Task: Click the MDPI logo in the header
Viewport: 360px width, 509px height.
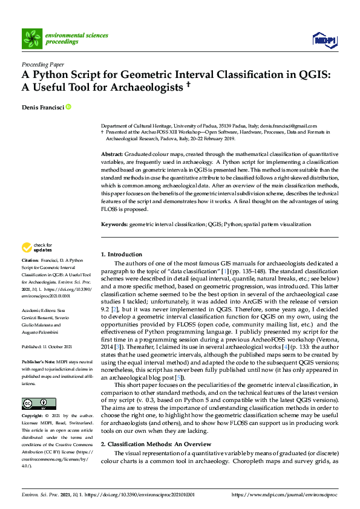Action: pyautogui.click(x=324, y=40)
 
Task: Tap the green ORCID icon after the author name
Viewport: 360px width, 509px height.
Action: pyautogui.click(x=68, y=108)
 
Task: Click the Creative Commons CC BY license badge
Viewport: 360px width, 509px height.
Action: pyautogui.click(x=31, y=403)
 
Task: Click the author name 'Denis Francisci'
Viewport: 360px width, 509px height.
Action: pyautogui.click(x=42, y=108)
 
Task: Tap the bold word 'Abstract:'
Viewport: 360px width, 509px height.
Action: pyautogui.click(x=112, y=155)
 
